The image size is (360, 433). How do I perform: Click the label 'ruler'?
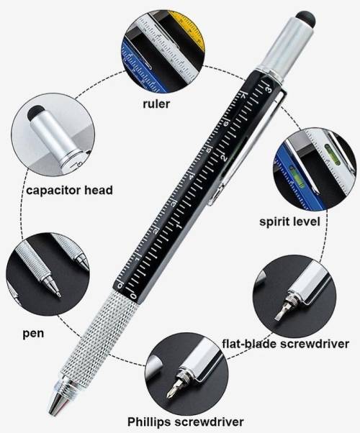coord(156,104)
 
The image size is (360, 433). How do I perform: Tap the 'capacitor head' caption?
coord(69,191)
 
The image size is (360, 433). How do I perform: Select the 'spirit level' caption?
coord(289,222)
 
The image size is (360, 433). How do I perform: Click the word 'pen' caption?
coord(33,333)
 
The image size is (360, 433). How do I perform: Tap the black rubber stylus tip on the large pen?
coord(306,17)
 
